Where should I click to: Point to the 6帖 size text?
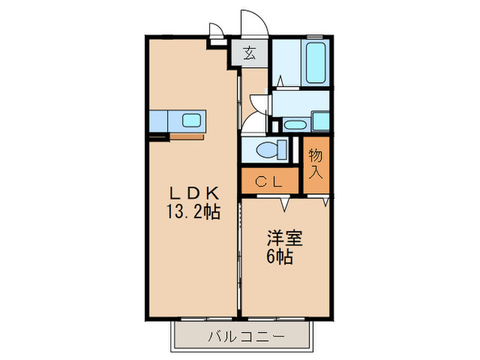tap(280, 258)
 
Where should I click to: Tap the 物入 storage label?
tap(315, 163)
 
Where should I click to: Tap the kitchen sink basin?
tap(191, 121)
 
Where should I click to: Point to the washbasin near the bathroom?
tap(296, 125)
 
